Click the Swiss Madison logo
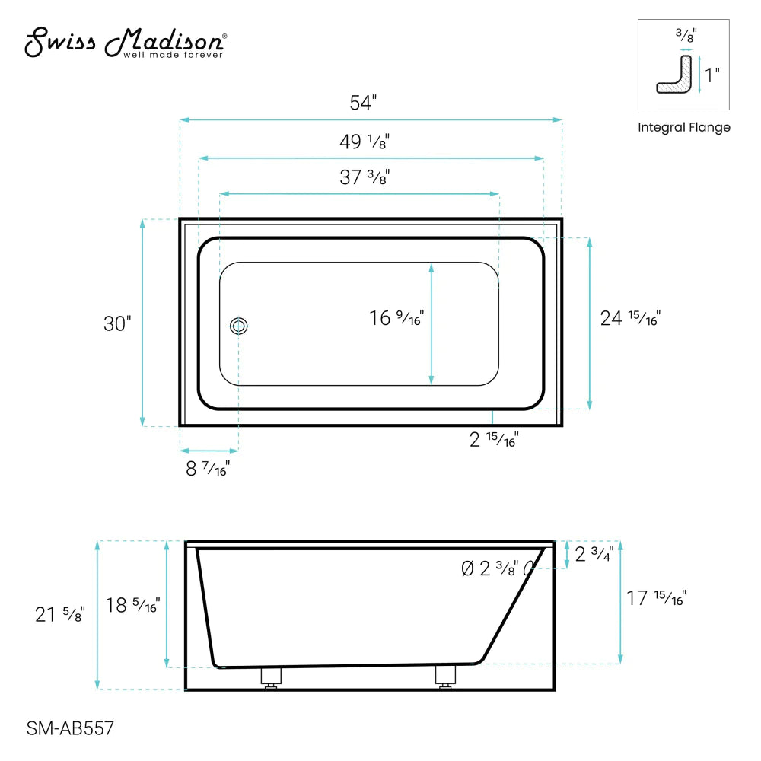[x=125, y=43]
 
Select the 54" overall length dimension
[x=363, y=103]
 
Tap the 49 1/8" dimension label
[x=364, y=142]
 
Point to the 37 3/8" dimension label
[x=364, y=178]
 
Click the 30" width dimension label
[x=117, y=323]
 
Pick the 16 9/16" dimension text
[x=396, y=318]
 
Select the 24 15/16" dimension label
[x=630, y=318]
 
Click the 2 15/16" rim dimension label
[x=494, y=440]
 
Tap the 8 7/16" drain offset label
[x=208, y=469]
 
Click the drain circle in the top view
[x=239, y=326]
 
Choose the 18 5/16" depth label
[x=132, y=606]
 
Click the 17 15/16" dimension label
[x=656, y=599]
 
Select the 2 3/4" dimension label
[x=594, y=555]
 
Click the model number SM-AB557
[x=70, y=729]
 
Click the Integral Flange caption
[x=683, y=128]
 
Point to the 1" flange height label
[x=712, y=75]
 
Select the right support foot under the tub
[x=445, y=677]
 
